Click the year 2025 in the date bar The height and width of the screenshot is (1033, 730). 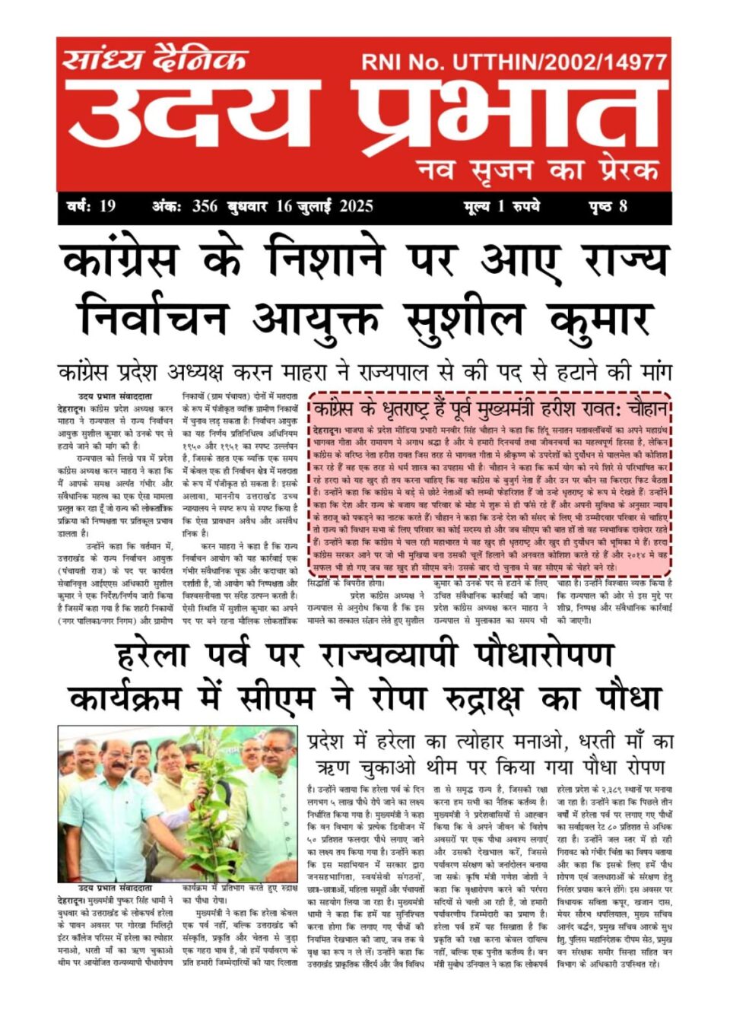click(x=356, y=206)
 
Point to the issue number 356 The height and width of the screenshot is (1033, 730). click(x=205, y=206)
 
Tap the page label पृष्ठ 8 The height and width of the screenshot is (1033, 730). click(x=608, y=206)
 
